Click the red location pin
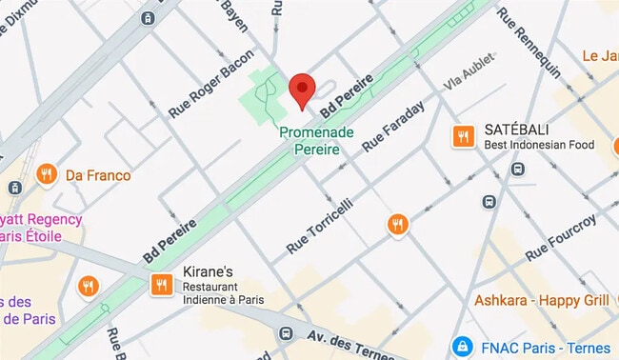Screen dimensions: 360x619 pyautogui.click(x=302, y=90)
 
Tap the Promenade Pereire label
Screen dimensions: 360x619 pyautogui.click(x=318, y=142)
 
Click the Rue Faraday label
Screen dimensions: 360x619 pyautogui.click(x=392, y=129)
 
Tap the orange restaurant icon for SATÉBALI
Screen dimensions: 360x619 pyautogui.click(x=464, y=136)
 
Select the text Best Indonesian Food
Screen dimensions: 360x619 pyautogui.click(x=538, y=146)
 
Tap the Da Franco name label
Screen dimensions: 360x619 pyautogui.click(x=98, y=175)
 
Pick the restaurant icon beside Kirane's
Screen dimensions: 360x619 pyautogui.click(x=161, y=285)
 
